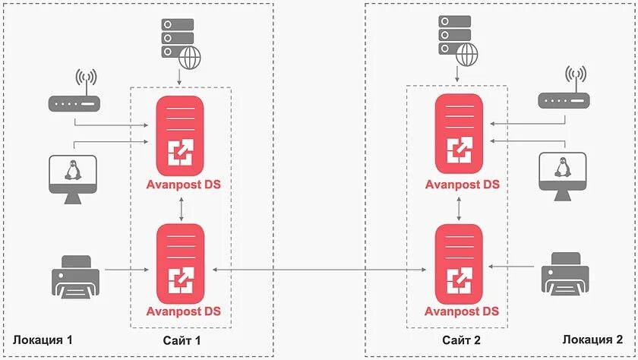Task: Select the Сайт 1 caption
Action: click(x=182, y=339)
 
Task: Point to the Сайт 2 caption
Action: click(x=462, y=339)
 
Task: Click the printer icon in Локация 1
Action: click(x=74, y=276)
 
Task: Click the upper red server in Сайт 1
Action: click(x=180, y=136)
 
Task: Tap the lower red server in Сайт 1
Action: click(x=180, y=262)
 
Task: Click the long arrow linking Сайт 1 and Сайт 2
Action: click(x=319, y=269)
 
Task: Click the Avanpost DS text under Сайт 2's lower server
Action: click(x=462, y=311)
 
